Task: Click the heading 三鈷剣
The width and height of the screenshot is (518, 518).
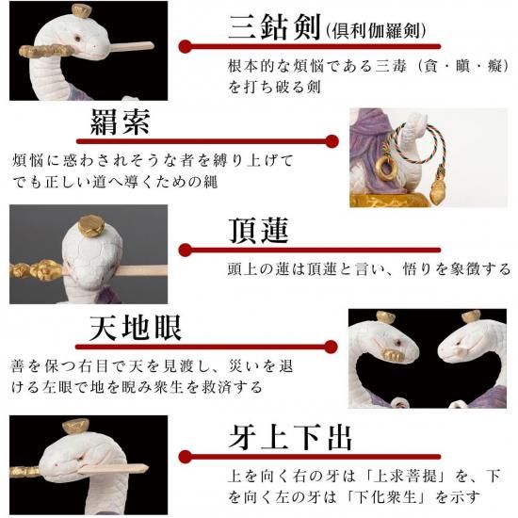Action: click(275, 27)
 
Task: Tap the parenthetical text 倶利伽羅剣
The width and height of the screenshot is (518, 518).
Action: click(375, 31)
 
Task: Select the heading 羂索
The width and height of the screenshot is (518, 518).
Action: click(121, 121)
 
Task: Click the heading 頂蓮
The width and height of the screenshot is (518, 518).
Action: click(259, 230)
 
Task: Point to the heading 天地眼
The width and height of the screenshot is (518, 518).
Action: click(136, 328)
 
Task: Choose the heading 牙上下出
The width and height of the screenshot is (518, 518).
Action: click(290, 437)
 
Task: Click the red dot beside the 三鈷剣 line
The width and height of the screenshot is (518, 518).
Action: click(186, 46)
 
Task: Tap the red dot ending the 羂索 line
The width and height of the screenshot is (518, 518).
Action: click(332, 141)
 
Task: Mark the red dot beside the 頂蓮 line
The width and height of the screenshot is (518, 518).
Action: click(186, 251)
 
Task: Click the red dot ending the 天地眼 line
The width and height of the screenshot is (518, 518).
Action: click(331, 347)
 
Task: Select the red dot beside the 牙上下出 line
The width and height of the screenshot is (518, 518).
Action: click(186, 457)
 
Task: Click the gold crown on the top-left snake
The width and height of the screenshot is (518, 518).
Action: click(81, 11)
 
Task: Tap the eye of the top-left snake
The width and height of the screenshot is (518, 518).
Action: click(77, 38)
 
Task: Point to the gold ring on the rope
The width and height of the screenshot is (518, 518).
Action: click(385, 167)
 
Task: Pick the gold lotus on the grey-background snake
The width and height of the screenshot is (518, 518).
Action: click(91, 226)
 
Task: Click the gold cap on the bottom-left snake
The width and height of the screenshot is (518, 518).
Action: click(76, 426)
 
